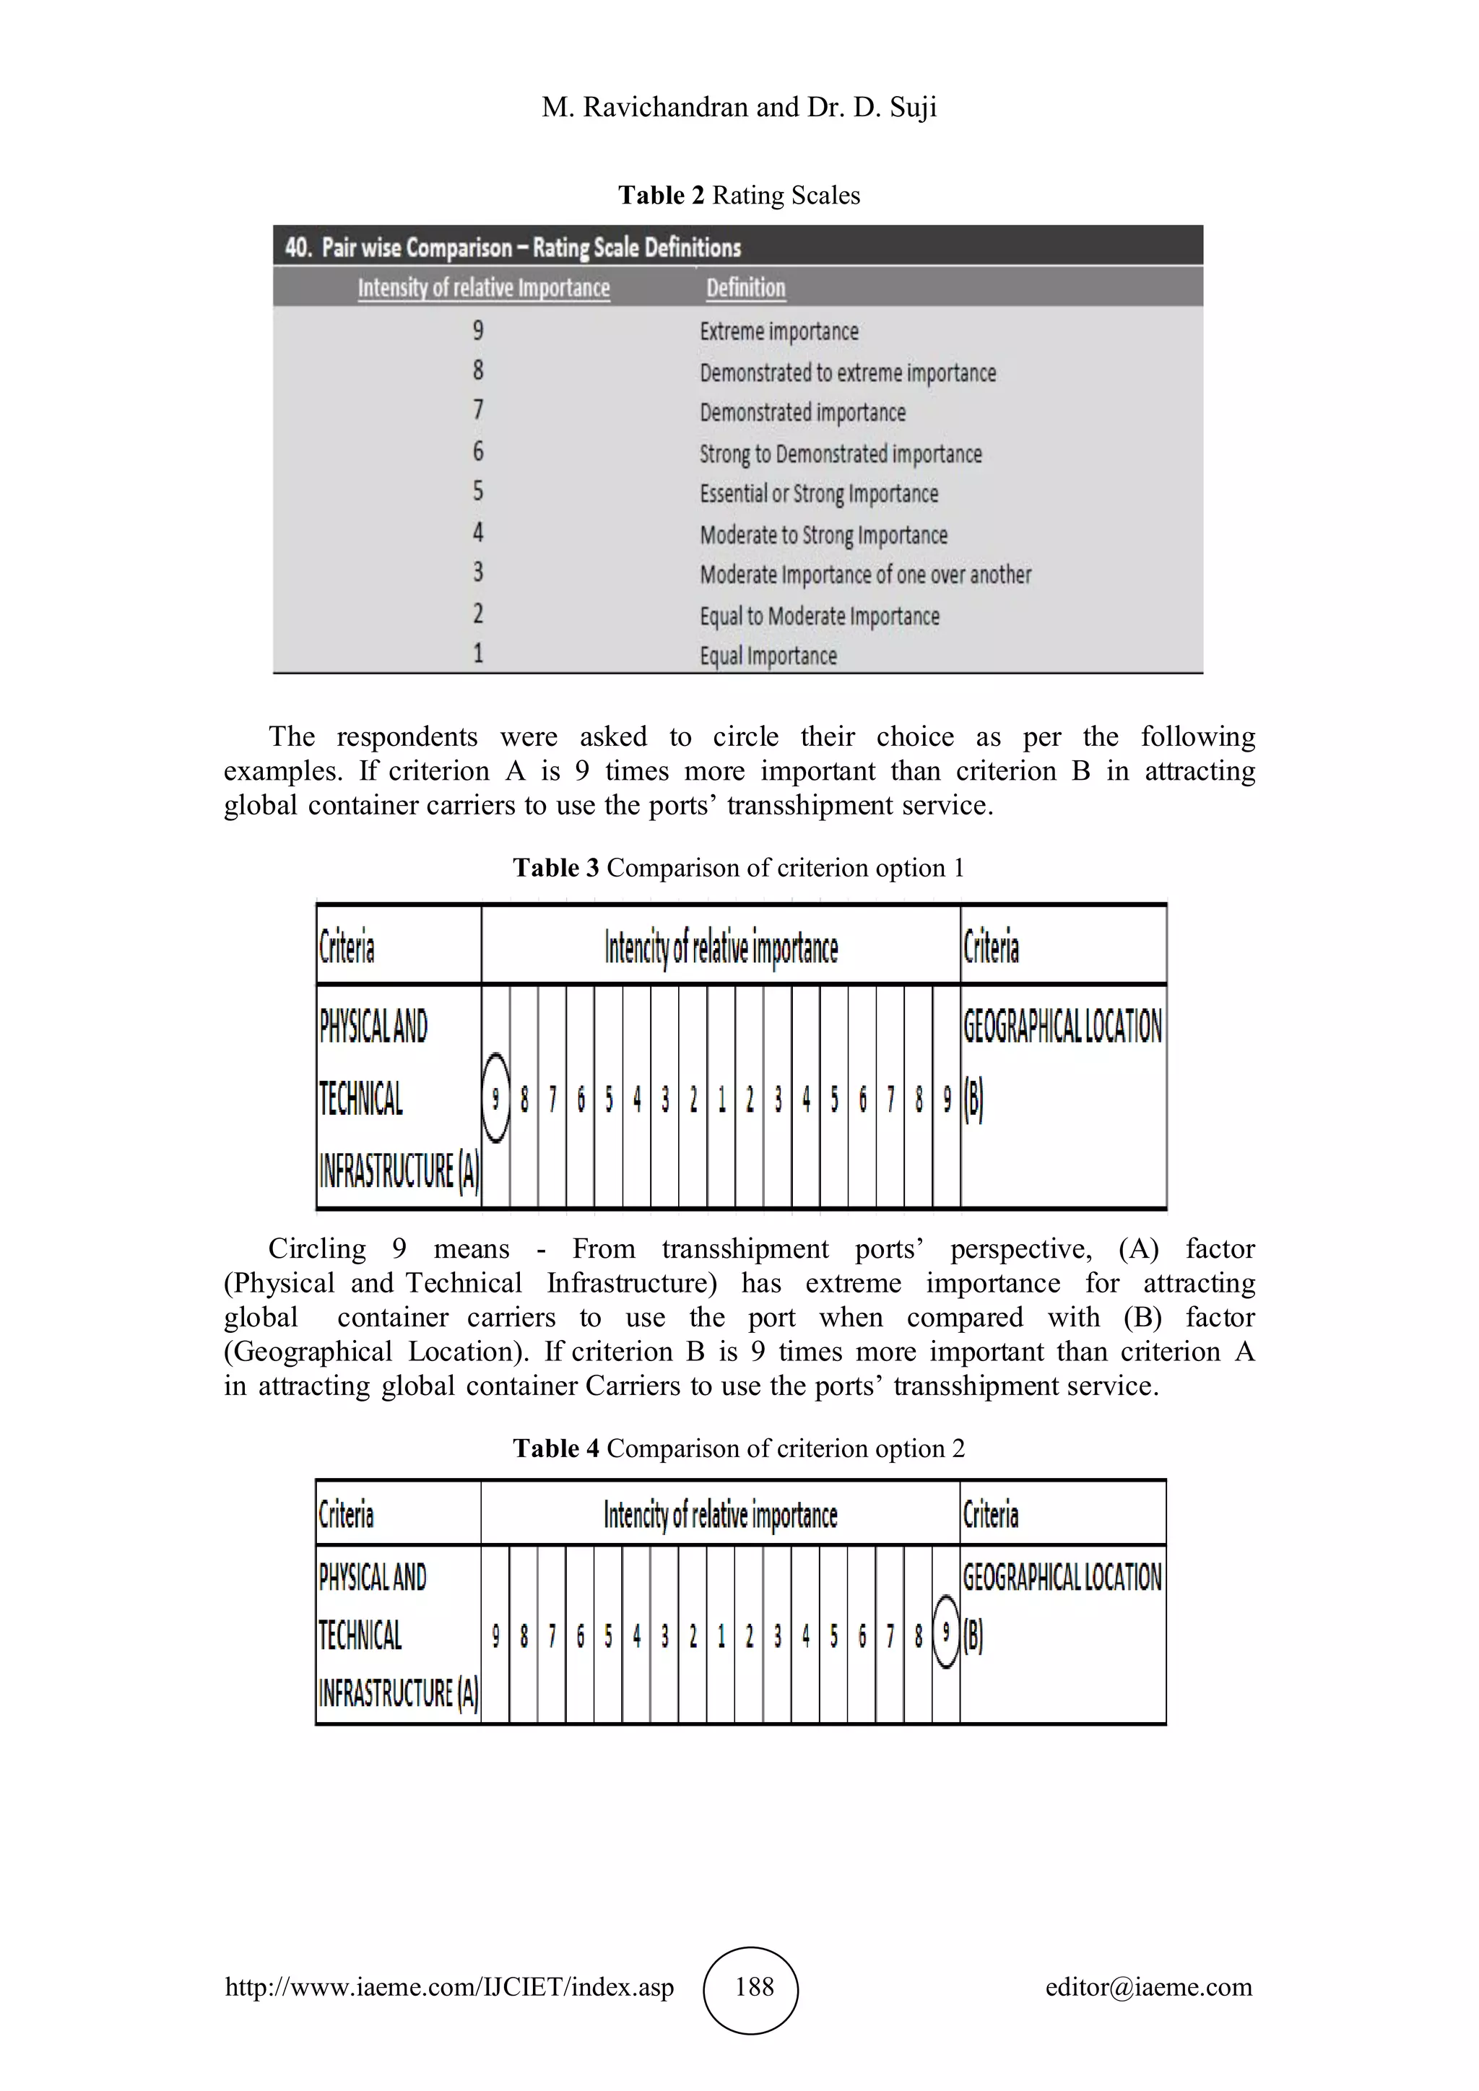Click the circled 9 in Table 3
pyautogui.click(x=495, y=1098)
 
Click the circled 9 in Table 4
pyautogui.click(x=946, y=1635)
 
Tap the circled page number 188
pyautogui.click(x=752, y=1986)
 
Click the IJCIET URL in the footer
pyautogui.click(x=449, y=1986)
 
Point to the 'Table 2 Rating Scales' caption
pyautogui.click(x=739, y=195)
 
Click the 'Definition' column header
pyautogui.click(x=745, y=288)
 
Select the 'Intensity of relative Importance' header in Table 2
pyautogui.click(x=484, y=288)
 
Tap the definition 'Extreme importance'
pyautogui.click(x=778, y=331)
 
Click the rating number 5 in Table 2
pyautogui.click(x=478, y=492)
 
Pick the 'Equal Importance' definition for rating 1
pyautogui.click(x=768, y=656)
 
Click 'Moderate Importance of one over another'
pyautogui.click(x=865, y=575)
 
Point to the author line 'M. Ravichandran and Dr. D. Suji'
pyautogui.click(x=739, y=108)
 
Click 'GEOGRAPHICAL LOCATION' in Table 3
pyautogui.click(x=1062, y=1027)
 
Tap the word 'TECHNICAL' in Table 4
pyautogui.click(x=360, y=1635)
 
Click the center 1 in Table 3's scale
pyautogui.click(x=721, y=1099)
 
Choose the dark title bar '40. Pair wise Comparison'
pyautogui.click(x=737, y=247)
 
